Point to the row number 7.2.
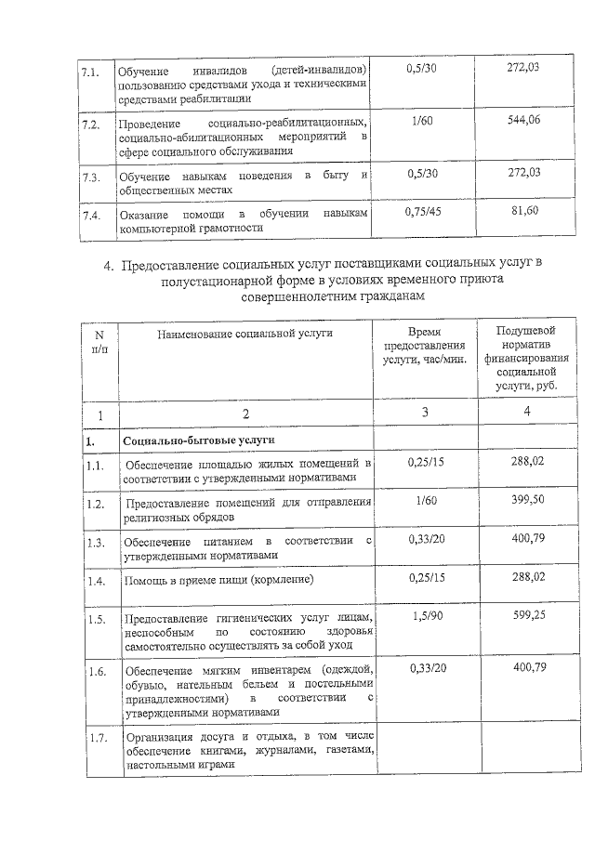tap(90, 125)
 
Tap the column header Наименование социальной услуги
tap(245, 333)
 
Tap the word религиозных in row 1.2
tap(161, 517)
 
